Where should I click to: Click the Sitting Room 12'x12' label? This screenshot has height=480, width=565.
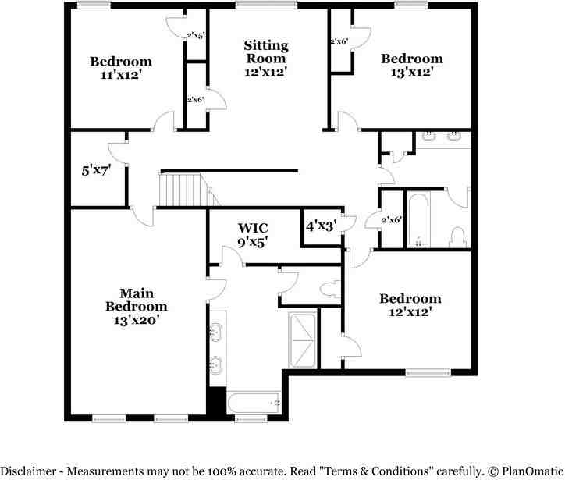coord(266,59)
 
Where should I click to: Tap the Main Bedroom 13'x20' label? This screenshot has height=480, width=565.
coord(137,307)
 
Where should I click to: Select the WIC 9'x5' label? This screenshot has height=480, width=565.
coord(254,234)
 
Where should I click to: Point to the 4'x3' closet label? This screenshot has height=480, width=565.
coord(321,226)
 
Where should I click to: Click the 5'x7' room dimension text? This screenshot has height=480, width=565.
coord(98,170)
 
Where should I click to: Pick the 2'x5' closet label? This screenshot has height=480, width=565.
coord(195,35)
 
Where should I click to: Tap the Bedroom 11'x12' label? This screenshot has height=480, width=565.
coord(121,68)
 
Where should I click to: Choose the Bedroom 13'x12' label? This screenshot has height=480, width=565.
coord(411,65)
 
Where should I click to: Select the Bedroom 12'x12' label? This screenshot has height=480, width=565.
coord(410,304)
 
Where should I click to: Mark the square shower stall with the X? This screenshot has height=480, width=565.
coord(303,340)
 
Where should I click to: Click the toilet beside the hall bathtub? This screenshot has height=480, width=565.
coord(459,235)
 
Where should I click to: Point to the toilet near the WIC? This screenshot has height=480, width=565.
coord(329,289)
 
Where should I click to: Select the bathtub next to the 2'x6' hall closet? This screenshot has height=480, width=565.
coord(418,219)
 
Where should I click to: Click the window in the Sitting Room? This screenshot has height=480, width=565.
coord(260,6)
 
